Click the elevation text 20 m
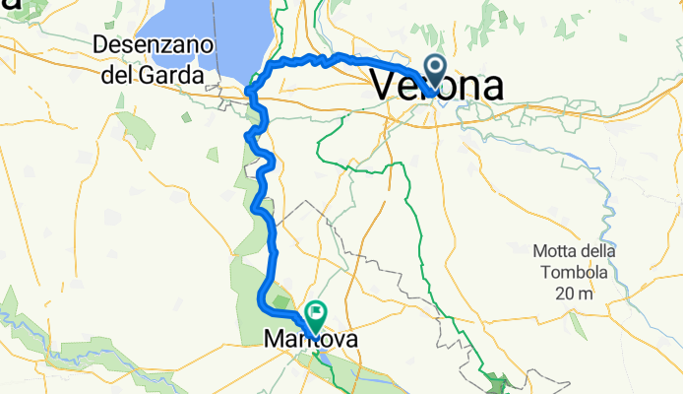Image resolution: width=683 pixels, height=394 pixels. point(576,293)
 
